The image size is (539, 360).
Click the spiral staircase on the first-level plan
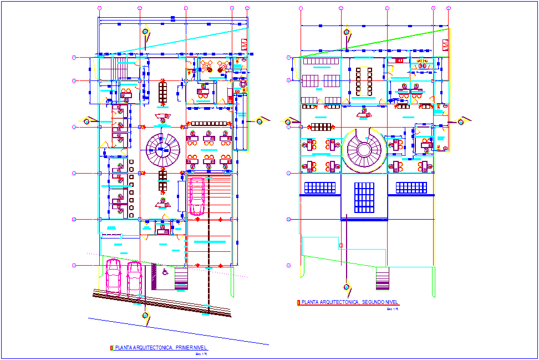(x=163, y=148)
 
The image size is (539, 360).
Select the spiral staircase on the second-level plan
(x=364, y=149)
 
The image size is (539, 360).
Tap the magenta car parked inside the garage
(x=197, y=195)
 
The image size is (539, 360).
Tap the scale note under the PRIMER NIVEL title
(x=201, y=353)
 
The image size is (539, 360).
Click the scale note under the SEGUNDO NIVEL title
(x=392, y=308)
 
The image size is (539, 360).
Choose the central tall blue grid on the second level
(x=364, y=197)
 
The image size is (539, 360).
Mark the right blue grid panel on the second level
(x=411, y=187)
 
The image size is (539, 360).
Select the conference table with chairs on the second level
(x=364, y=81)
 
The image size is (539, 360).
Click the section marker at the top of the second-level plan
(x=347, y=32)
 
